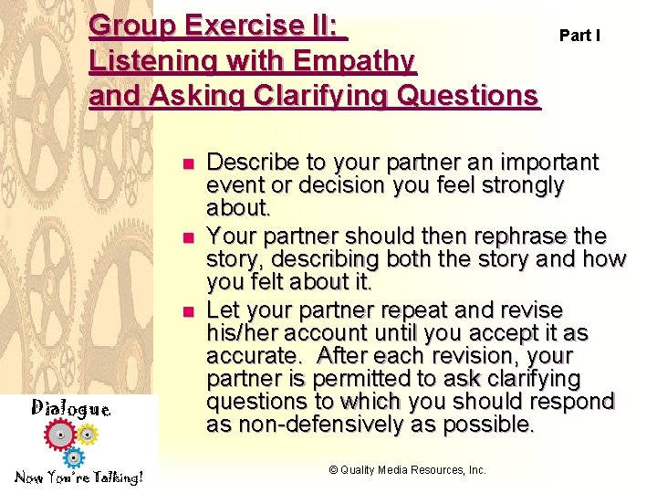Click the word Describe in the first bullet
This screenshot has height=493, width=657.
(x=254, y=163)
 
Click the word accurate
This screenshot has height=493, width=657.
(x=254, y=354)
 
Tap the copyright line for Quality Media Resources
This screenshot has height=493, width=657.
(x=407, y=470)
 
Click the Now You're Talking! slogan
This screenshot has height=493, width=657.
(x=78, y=477)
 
